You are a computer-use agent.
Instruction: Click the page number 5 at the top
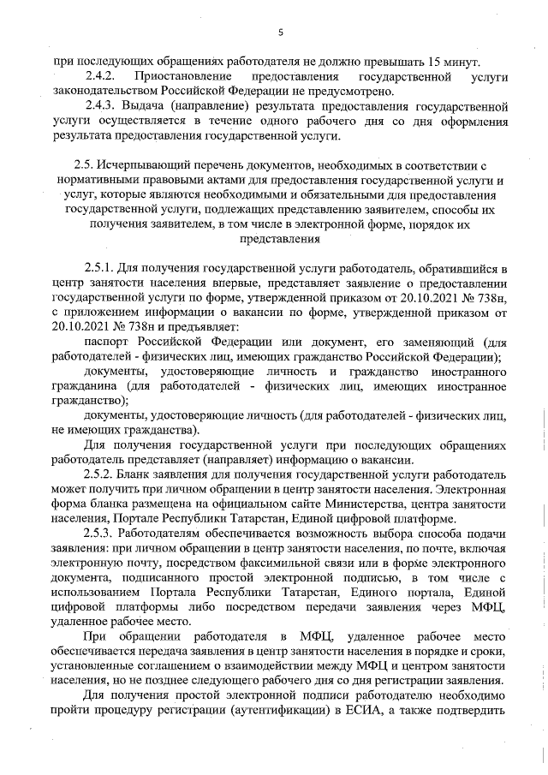click(x=280, y=33)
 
